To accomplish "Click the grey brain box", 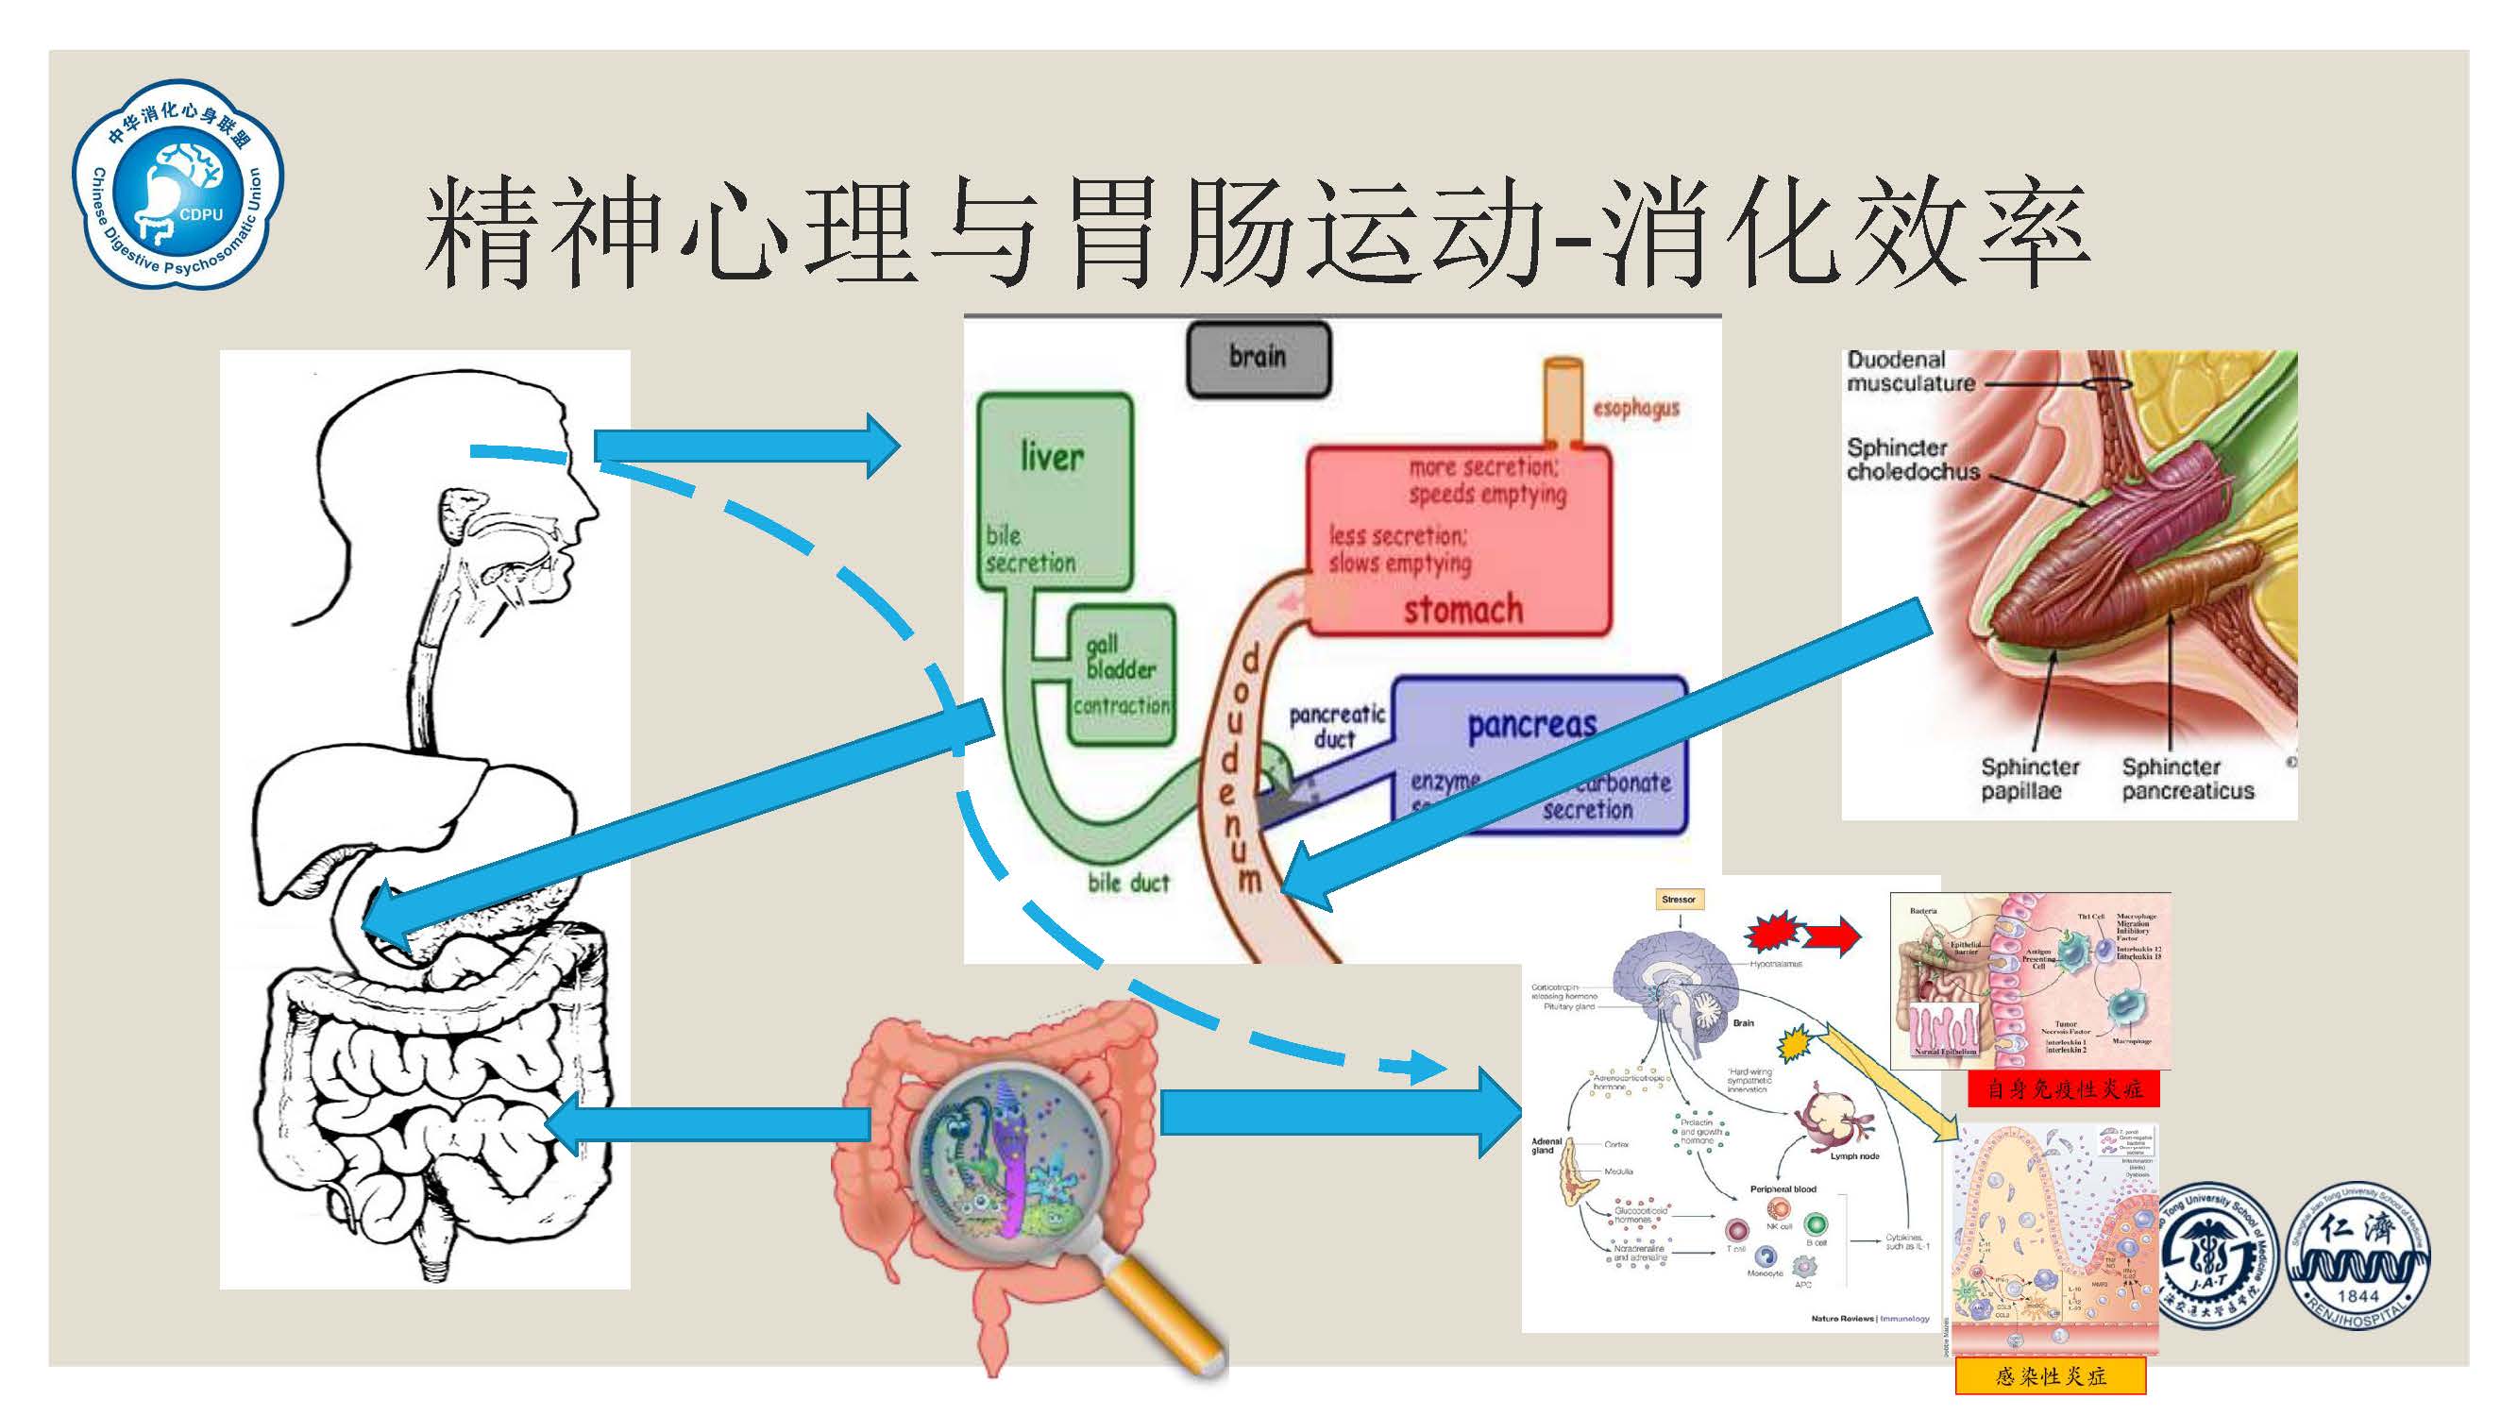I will pyautogui.click(x=1258, y=359).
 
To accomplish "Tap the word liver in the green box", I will pyautogui.click(x=1052, y=456).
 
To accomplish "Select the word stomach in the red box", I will pyautogui.click(x=1463, y=610).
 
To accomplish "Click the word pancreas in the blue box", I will pyautogui.click(x=1531, y=725).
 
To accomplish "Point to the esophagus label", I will pyautogui.click(x=1635, y=409).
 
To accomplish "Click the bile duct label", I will pyautogui.click(x=1128, y=883).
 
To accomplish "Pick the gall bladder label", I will pyautogui.click(x=1120, y=657).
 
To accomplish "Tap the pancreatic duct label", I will pyautogui.click(x=1336, y=726).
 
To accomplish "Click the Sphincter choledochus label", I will pyautogui.click(x=1912, y=460).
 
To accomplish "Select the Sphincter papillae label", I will pyautogui.click(x=2029, y=779).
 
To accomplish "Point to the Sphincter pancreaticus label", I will pyautogui.click(x=2188, y=779).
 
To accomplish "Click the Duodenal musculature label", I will pyautogui.click(x=1910, y=371).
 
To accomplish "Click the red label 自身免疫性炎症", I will pyautogui.click(x=2064, y=1087).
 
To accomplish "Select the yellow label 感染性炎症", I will pyautogui.click(x=2050, y=1376).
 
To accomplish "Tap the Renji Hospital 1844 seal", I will pyautogui.click(x=2357, y=1256).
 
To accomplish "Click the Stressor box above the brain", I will pyautogui.click(x=1679, y=899).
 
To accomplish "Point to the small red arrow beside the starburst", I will pyautogui.click(x=1830, y=936).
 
